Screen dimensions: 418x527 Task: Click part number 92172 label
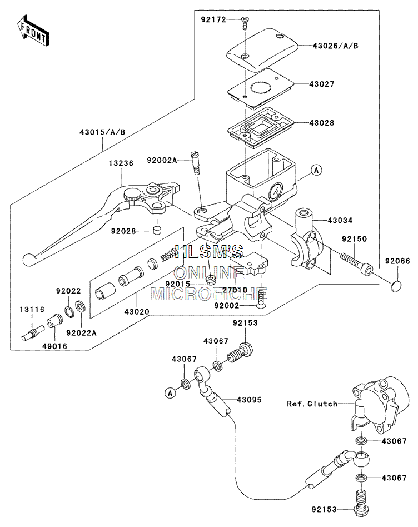(x=213, y=19)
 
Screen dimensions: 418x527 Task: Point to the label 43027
(x=322, y=84)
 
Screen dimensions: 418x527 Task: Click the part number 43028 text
(x=322, y=123)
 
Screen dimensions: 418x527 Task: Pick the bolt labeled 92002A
(x=196, y=162)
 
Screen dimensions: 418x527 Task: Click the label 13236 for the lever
(x=121, y=163)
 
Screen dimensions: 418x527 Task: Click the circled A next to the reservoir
(x=316, y=170)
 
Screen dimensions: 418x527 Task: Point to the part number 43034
(x=340, y=221)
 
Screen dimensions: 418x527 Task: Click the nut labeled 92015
(x=211, y=279)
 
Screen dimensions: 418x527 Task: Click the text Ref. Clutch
(x=312, y=404)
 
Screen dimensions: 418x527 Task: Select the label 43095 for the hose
(x=249, y=400)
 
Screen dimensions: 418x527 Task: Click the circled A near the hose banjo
(x=170, y=392)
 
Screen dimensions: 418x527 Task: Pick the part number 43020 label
(x=137, y=311)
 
